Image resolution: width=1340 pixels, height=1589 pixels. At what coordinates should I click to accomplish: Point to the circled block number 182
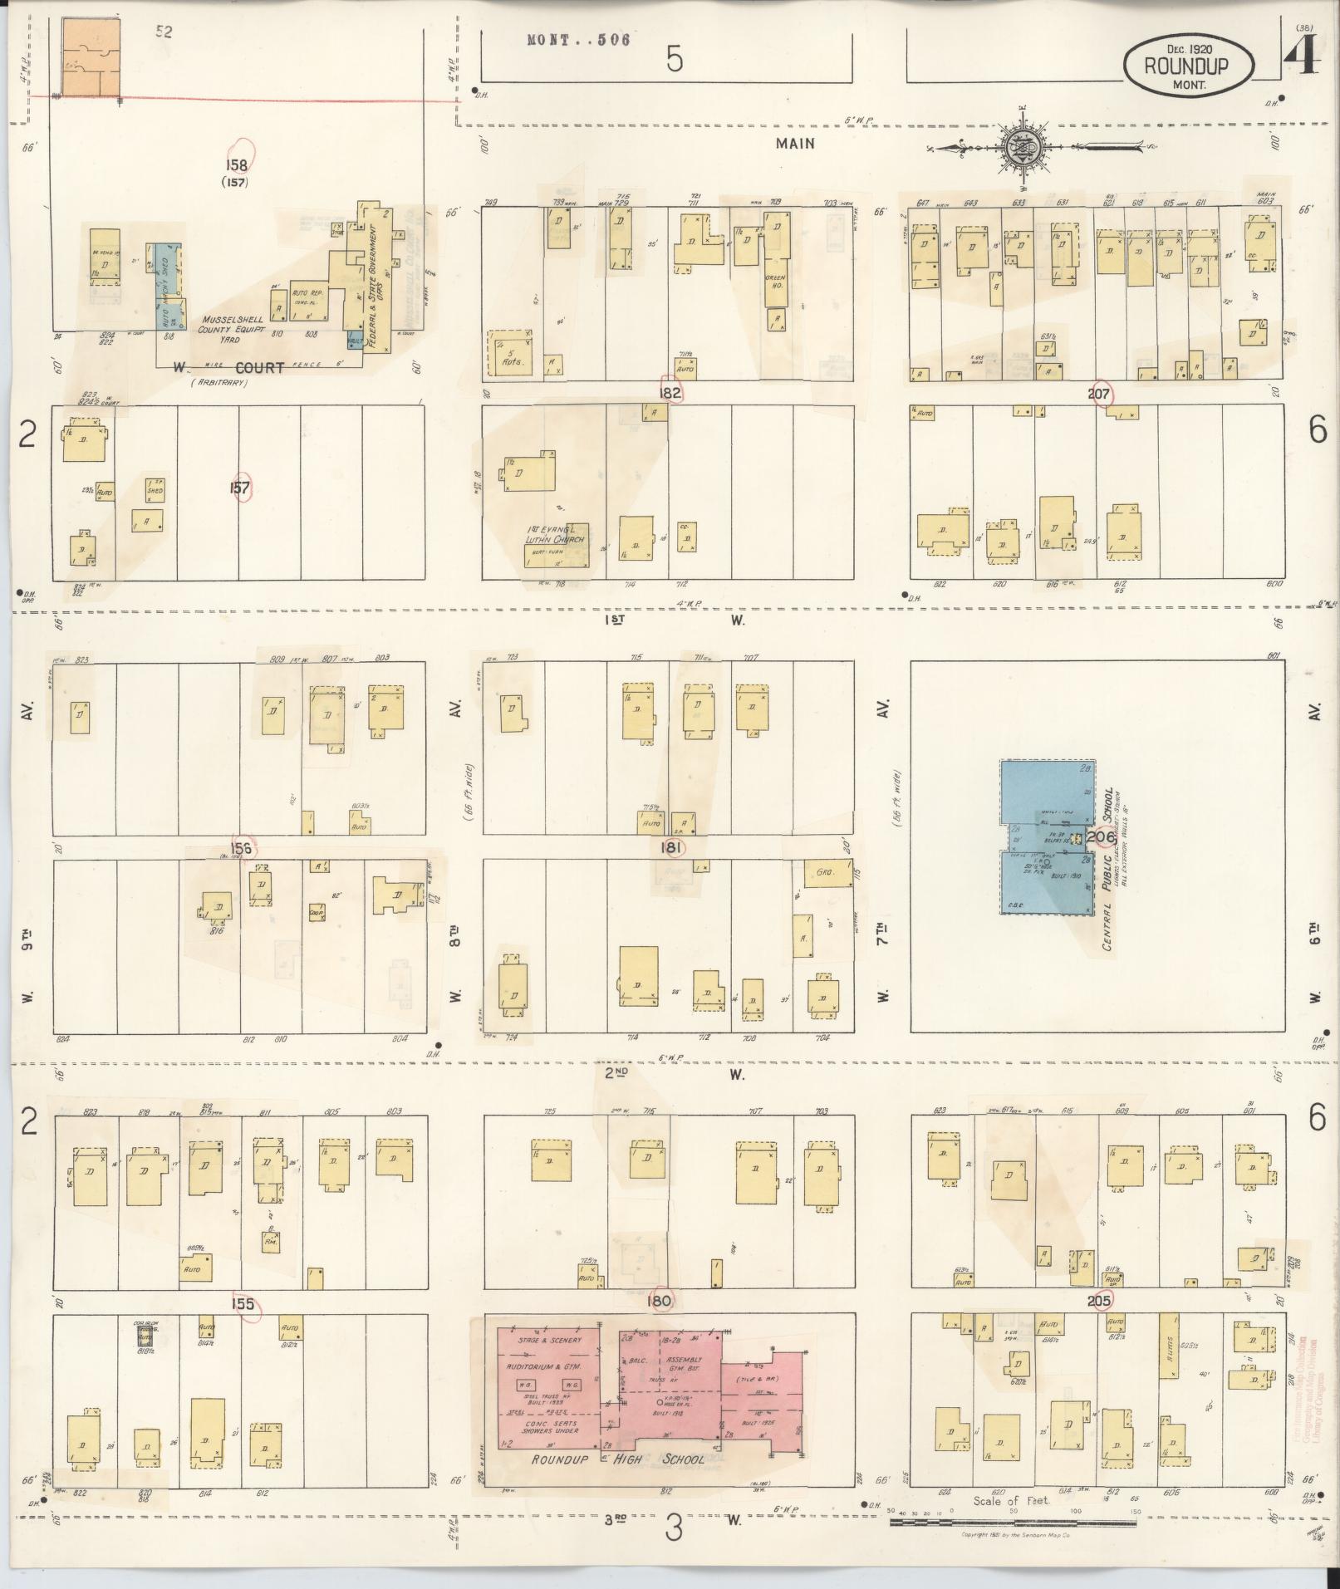pos(670,392)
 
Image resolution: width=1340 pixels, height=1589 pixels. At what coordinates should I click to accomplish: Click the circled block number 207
pos(1099,394)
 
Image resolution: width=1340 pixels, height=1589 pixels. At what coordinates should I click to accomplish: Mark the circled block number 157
pos(240,488)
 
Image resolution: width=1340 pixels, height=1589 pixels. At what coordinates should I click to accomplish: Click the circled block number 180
pos(659,1301)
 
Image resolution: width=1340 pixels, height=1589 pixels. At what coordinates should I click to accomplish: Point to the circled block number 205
pos(1098,1301)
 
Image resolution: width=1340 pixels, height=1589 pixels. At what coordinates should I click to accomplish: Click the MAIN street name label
pos(795,143)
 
